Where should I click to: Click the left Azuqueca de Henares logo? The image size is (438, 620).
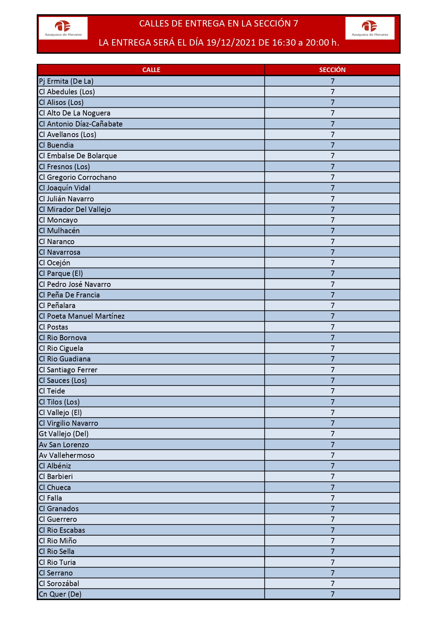[x=63, y=28]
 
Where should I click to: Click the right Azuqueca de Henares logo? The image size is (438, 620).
[x=370, y=28]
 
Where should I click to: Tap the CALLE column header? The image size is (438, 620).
[x=151, y=70]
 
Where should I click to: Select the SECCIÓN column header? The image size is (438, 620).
[x=332, y=70]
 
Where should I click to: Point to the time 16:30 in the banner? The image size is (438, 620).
[x=284, y=43]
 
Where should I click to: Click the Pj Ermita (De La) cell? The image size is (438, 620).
[x=66, y=81]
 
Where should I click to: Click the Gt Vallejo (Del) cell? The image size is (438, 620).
[x=64, y=434]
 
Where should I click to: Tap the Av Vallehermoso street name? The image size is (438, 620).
[x=67, y=455]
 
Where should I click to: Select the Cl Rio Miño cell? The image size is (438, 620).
[x=58, y=541]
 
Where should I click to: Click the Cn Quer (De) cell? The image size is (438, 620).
[x=60, y=594]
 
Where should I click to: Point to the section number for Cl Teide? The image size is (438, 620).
[x=332, y=391]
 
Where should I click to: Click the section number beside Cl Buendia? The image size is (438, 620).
[x=332, y=145]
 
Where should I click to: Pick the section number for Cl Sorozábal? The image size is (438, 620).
[x=332, y=584]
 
